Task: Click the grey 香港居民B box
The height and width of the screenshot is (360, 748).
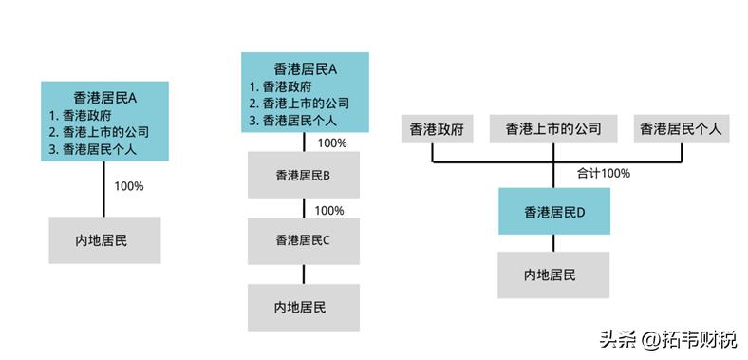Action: (x=304, y=176)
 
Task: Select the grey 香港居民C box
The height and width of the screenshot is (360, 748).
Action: (x=304, y=240)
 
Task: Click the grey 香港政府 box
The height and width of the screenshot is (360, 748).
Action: (x=437, y=129)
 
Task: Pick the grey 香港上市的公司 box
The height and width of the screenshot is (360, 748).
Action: (x=552, y=129)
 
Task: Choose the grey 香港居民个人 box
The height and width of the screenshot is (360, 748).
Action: (x=682, y=129)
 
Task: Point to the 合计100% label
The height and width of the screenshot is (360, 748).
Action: (x=603, y=174)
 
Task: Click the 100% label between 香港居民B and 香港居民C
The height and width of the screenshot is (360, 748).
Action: (x=328, y=210)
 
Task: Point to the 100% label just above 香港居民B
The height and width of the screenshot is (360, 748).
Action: (x=332, y=143)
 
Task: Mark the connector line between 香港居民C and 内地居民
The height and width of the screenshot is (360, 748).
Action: (x=304, y=274)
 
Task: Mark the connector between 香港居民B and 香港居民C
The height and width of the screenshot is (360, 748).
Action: (x=304, y=208)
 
